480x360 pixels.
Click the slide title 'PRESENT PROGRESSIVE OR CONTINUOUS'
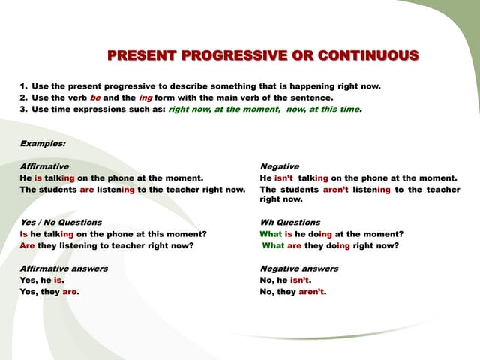262,56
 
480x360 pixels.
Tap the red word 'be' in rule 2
95,97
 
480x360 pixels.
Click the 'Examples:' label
42,142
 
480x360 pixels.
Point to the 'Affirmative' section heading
44,166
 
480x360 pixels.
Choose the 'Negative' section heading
279,166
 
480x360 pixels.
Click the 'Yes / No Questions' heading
61,223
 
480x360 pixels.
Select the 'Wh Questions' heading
289,223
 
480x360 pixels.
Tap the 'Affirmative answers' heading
64,268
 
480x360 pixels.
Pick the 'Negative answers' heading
298,268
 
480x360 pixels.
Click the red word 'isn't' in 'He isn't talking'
284,178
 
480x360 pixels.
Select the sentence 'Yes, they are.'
49,292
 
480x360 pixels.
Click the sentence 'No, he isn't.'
285,280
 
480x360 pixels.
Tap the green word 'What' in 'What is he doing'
271,234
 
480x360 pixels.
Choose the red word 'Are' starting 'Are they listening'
27,245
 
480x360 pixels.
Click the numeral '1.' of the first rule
24,86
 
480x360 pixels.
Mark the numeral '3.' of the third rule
24,109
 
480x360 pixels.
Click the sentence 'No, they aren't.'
293,292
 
